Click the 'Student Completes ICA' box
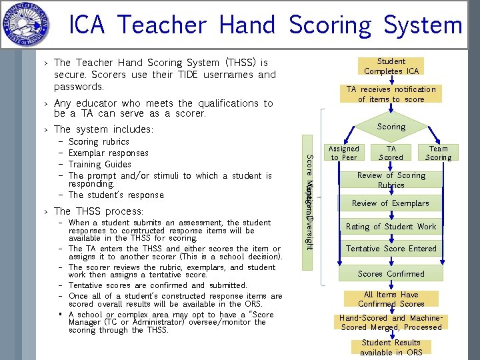pos(391,66)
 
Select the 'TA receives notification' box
pos(391,94)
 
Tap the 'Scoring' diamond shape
pos(391,127)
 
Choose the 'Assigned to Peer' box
pos(344,153)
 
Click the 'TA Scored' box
pos(391,153)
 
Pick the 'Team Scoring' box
pos(438,153)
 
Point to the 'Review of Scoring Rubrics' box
pos(391,180)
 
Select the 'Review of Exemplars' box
pos(391,203)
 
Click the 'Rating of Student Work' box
pos(391,227)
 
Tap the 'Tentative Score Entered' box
pos(391,249)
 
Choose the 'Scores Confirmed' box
pos(391,274)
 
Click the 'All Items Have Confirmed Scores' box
pos(391,299)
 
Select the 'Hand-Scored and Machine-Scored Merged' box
pos(391,323)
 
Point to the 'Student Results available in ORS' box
pos(391,347)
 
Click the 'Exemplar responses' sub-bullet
pos(108,153)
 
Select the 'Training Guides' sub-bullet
pos(100,164)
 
